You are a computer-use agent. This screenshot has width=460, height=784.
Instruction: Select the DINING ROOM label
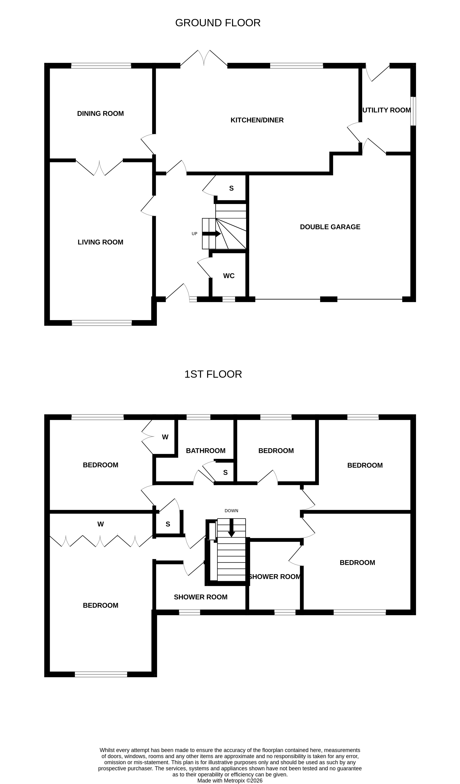(100, 114)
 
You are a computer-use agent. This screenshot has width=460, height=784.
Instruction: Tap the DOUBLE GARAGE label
(330, 227)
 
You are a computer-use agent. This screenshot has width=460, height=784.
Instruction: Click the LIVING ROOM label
(100, 242)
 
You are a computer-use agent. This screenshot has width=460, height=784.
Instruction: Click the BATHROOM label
(205, 451)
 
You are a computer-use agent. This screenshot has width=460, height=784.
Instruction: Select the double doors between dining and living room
(99, 168)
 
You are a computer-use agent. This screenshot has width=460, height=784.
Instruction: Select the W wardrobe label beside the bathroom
(165, 437)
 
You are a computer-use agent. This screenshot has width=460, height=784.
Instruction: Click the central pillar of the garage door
(328, 299)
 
